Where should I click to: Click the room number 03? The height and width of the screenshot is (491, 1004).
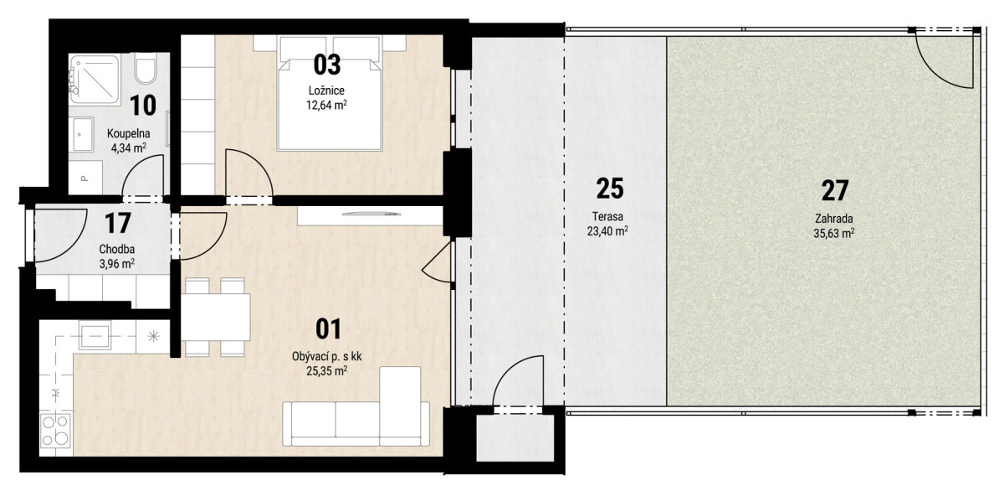(327, 65)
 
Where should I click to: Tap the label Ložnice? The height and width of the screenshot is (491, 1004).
(326, 90)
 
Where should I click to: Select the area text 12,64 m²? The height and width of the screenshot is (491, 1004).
(326, 105)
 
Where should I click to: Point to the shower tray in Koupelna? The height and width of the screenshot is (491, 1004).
(95, 79)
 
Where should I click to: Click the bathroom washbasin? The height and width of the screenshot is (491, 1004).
(82, 134)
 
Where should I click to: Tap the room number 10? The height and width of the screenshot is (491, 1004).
(143, 106)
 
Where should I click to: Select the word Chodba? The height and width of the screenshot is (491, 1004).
(117, 249)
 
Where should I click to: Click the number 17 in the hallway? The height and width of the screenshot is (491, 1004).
(117, 223)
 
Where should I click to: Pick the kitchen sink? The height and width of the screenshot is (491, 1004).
(95, 335)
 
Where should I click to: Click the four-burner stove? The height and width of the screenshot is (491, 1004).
(55, 430)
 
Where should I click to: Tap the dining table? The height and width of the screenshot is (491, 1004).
(216, 317)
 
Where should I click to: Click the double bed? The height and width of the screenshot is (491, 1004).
(330, 93)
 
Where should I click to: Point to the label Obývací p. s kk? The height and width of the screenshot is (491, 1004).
(327, 357)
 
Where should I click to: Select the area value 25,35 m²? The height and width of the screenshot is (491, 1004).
(327, 371)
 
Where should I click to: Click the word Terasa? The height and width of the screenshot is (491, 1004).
(607, 217)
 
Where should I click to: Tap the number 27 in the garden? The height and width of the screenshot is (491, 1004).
(835, 191)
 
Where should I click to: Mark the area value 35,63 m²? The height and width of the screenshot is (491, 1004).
(833, 234)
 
